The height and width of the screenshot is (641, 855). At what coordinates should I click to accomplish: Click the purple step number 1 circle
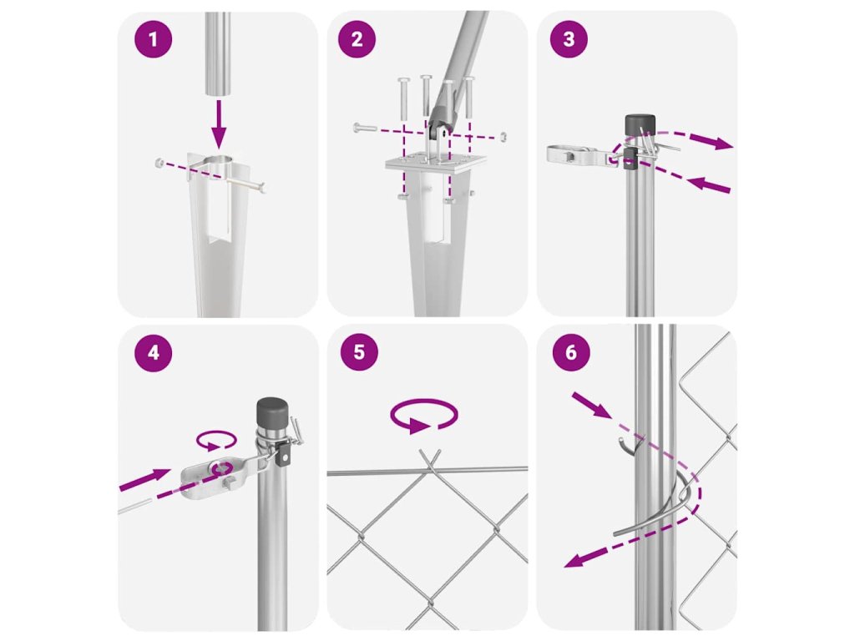154,39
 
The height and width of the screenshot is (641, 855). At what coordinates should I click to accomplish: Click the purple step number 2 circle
357,39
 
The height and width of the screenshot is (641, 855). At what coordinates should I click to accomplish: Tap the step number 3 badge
569,38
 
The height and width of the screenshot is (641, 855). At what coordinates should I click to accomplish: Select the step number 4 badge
154,353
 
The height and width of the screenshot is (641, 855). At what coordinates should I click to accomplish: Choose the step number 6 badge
571,352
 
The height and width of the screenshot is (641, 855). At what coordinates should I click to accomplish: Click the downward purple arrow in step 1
219,124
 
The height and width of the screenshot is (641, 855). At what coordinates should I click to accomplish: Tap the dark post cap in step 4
272,413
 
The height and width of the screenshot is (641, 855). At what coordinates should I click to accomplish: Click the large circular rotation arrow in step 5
423,416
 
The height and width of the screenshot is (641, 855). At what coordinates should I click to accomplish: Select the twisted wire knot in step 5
430,462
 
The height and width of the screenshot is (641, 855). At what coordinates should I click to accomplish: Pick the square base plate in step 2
436,163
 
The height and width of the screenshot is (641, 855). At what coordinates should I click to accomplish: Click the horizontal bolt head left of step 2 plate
364,128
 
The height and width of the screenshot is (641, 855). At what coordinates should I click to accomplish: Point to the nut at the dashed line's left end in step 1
159,163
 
